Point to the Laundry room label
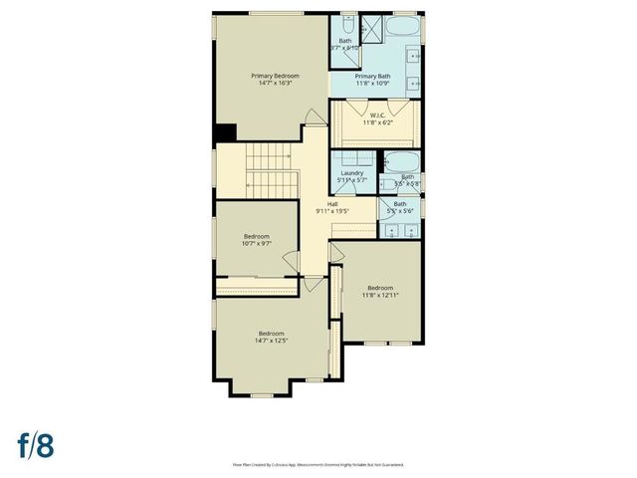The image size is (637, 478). point(352,173)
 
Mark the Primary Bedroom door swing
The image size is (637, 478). point(313,118)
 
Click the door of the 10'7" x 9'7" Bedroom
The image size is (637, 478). point(290,262)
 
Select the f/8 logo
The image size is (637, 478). point(34,444)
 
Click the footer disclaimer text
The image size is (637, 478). point(318,464)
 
